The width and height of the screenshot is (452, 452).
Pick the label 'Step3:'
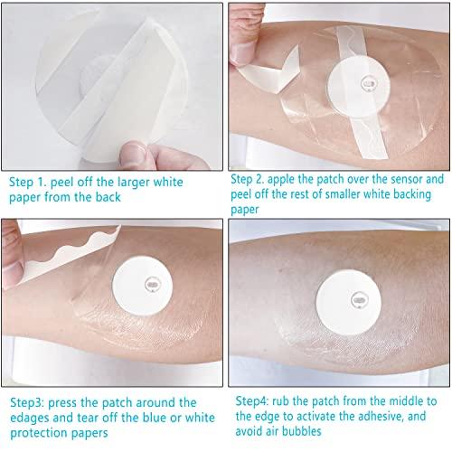pos(28,402)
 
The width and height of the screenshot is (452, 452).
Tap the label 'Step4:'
pos(256,401)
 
